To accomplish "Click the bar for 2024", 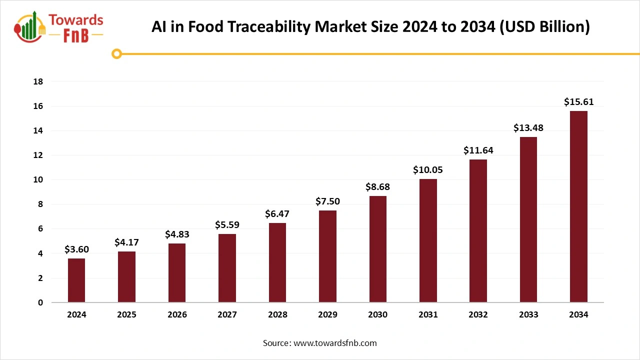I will pos(76,280).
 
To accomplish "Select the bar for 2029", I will pos(327,256).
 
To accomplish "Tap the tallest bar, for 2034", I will pos(578,206).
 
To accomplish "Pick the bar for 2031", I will pos(428,240).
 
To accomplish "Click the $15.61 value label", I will pos(578,102).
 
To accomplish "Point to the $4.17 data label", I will pos(126,242).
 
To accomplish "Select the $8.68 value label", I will pos(377,187).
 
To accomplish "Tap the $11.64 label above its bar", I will pos(478,150).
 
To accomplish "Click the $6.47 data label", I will pos(277,214).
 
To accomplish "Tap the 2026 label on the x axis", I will pos(177,315).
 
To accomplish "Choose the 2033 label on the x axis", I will pos(528,315).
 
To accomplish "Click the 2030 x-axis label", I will pos(377,315).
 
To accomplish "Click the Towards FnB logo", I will pos(59,27).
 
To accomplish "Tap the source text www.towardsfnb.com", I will pos(334,343).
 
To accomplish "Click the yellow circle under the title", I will pos(117,53).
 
